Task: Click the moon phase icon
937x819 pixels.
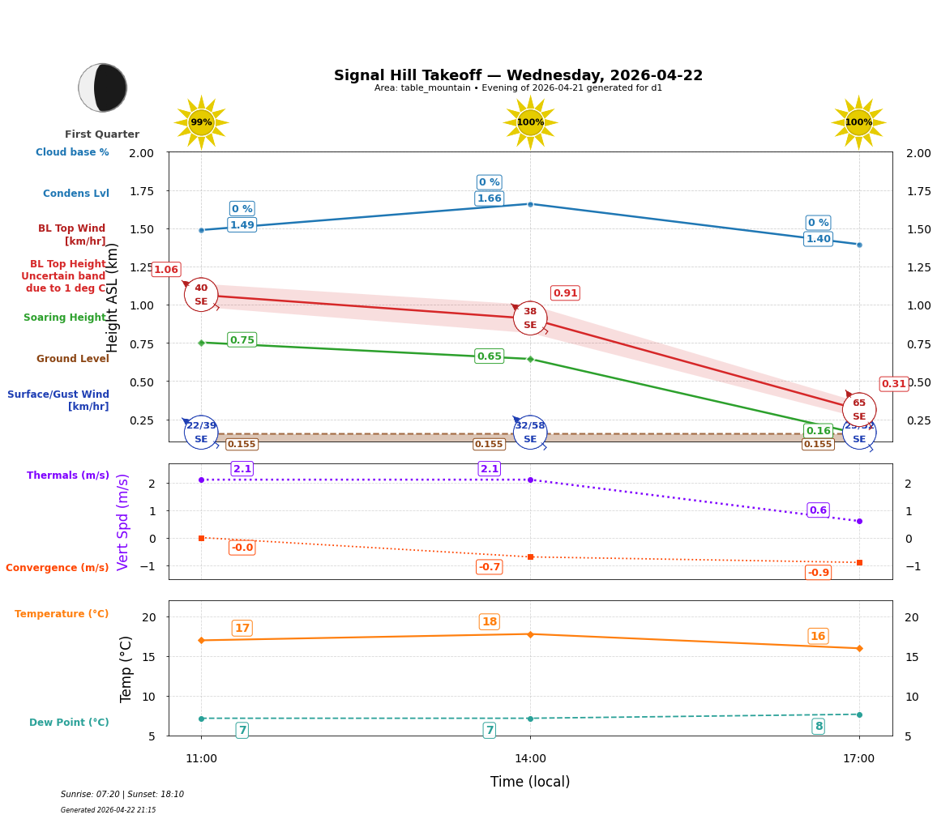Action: [x=103, y=87]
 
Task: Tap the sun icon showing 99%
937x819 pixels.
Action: [x=201, y=122]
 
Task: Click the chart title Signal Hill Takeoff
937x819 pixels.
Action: [x=518, y=75]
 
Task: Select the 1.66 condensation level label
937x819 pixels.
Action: [x=489, y=198]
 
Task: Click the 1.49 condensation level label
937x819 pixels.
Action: [x=242, y=225]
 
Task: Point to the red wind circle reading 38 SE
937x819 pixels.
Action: [x=530, y=318]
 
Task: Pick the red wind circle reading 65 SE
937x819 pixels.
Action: [x=858, y=410]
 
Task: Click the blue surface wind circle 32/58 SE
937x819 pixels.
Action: [x=530, y=433]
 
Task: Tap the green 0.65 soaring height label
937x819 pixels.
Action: [x=489, y=356]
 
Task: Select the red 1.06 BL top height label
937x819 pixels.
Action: [x=166, y=270]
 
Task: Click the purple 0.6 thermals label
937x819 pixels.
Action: [x=818, y=510]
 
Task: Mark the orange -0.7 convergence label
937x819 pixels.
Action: [x=489, y=567]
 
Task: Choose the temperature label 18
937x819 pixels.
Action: [x=489, y=622]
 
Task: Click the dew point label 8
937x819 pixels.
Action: [x=818, y=727]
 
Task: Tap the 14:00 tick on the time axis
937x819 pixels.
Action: [x=530, y=759]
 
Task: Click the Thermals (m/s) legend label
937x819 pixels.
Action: [x=68, y=476]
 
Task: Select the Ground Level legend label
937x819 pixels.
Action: [x=73, y=359]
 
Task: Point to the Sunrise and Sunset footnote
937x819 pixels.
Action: [x=122, y=795]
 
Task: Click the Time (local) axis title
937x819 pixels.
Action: [x=530, y=782]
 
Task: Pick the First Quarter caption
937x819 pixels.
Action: [x=102, y=134]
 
